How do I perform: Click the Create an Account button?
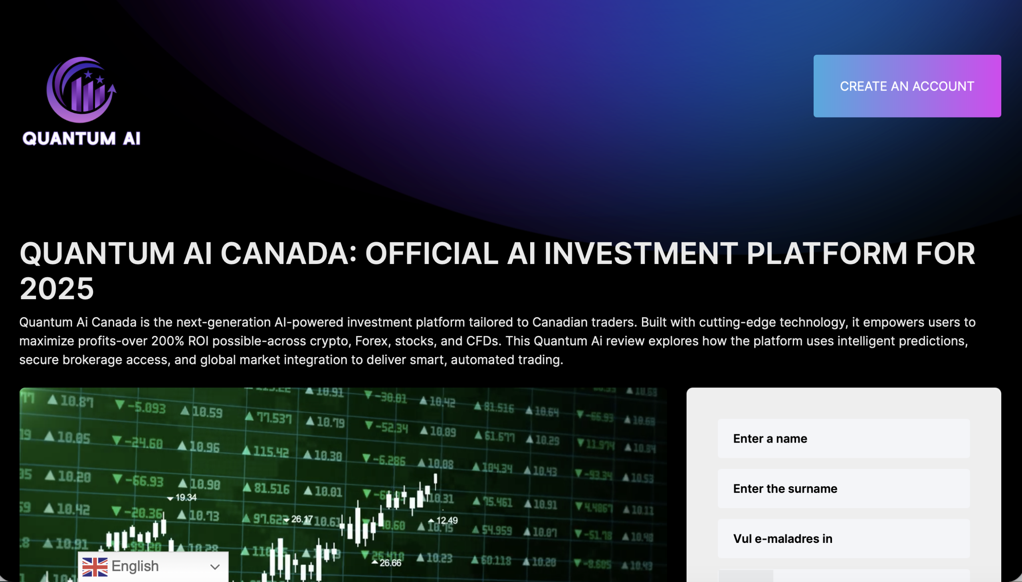point(907,86)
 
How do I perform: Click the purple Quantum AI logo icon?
point(81,89)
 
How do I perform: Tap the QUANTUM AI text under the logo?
point(81,139)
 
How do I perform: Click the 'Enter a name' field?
point(843,439)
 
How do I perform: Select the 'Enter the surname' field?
point(843,489)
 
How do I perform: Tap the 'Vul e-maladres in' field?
point(843,538)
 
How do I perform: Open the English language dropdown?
point(153,566)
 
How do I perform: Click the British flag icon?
point(95,567)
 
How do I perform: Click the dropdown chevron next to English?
point(215,567)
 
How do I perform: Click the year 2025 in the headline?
point(57,288)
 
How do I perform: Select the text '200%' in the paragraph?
point(168,341)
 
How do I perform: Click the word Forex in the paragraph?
point(371,341)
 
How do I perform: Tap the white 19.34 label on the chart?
point(186,498)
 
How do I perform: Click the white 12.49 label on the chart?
point(446,520)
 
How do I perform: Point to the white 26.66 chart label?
point(390,563)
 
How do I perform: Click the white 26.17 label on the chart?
point(301,519)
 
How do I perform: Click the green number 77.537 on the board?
point(274,418)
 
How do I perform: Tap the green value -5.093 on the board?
point(146,408)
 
